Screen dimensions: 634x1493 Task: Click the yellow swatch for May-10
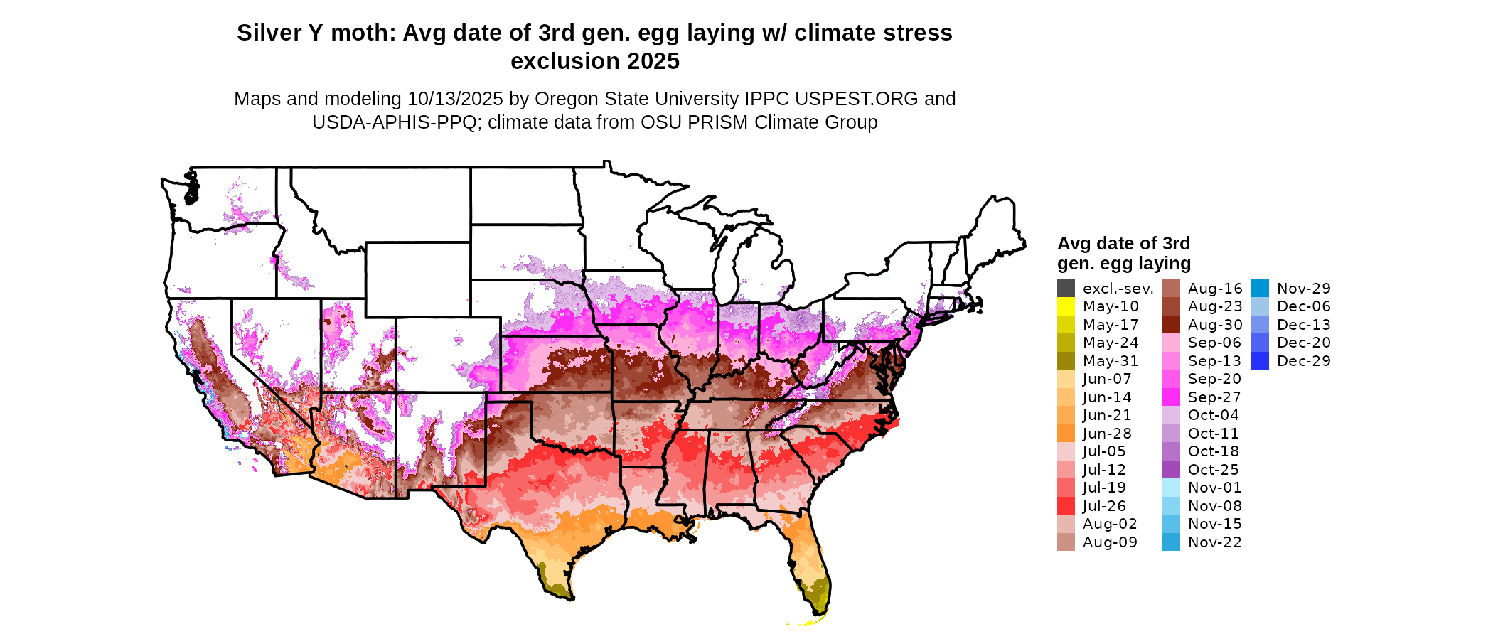(1066, 306)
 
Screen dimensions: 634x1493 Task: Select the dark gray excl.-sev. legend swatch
(1066, 289)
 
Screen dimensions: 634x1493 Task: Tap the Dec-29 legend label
(1303, 361)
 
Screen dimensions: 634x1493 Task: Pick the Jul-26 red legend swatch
(1066, 506)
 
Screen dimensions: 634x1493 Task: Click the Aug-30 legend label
(1215, 325)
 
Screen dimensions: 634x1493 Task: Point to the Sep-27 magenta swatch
(1171, 397)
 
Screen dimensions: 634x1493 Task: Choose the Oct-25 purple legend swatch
(1171, 470)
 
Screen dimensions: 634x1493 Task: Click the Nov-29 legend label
(1303, 289)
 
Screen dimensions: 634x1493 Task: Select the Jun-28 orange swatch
(1066, 434)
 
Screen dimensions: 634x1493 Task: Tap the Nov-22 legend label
(1215, 542)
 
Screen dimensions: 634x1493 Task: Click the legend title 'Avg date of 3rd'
(1123, 244)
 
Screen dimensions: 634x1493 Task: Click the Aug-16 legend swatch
(1171, 289)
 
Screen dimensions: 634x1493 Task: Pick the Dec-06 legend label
(1303, 306)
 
